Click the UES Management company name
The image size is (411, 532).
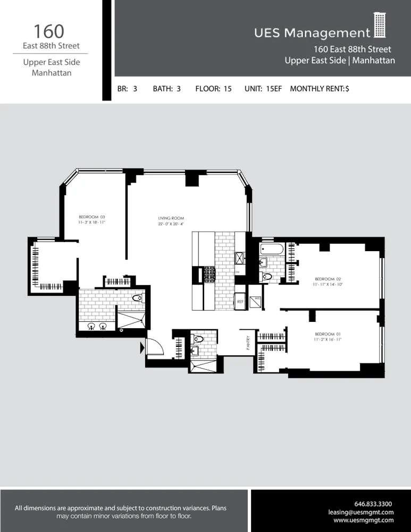tap(312, 33)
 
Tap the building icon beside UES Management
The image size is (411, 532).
tap(379, 25)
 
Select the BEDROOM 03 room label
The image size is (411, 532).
tap(92, 217)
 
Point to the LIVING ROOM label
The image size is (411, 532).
tap(171, 218)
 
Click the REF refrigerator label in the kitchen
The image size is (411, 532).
tap(240, 302)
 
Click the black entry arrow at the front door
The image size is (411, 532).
tap(142, 348)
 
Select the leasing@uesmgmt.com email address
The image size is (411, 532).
tap(361, 512)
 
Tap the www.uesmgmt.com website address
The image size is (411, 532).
tap(364, 520)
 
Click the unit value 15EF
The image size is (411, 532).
tap(273, 89)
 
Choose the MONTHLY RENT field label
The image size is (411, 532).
tap(317, 89)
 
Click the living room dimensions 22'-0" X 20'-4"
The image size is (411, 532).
tap(171, 224)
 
